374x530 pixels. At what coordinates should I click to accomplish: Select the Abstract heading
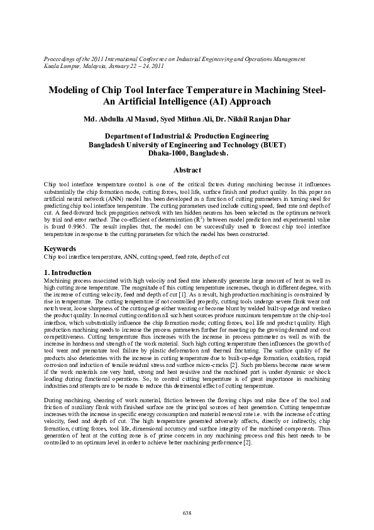click(x=187, y=170)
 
